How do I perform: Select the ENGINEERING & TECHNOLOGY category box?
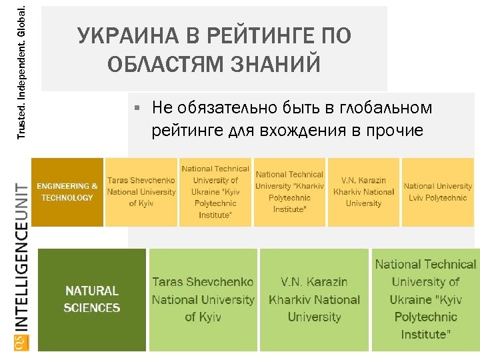click(67, 192)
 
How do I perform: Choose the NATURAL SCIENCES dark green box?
click(92, 300)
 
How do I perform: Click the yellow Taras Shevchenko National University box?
click(141, 192)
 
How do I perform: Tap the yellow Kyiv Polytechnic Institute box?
click(215, 192)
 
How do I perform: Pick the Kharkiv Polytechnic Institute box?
click(289, 192)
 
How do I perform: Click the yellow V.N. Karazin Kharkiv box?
click(363, 192)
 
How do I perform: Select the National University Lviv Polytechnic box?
click(437, 192)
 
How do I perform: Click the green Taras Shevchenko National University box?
click(203, 300)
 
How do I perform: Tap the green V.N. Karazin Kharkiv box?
click(313, 300)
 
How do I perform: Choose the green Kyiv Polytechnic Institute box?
click(425, 300)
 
